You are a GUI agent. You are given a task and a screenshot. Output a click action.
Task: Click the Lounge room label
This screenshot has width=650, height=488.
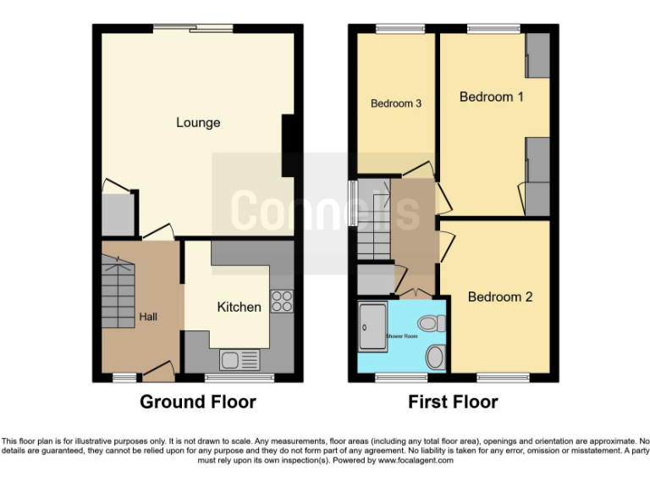click(198, 123)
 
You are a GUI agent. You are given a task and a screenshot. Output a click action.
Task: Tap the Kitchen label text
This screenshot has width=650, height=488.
click(239, 307)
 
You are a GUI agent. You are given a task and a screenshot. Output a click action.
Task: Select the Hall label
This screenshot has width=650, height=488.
click(148, 317)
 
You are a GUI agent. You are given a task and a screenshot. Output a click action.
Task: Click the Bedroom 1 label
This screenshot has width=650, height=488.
click(491, 97)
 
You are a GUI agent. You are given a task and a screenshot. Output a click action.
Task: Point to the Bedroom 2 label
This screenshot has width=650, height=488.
click(499, 297)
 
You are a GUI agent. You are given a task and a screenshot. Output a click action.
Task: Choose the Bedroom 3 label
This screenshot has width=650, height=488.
click(396, 104)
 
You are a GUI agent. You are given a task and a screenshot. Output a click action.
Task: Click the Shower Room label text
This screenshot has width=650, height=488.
click(401, 336)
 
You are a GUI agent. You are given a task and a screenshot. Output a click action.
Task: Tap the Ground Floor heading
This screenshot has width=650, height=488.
click(197, 402)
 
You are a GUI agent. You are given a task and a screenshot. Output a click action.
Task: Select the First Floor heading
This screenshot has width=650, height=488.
click(453, 402)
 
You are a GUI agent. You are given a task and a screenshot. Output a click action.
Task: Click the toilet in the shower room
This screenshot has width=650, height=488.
click(434, 323)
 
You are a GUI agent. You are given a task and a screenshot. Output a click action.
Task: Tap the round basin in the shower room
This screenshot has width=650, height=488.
click(435, 357)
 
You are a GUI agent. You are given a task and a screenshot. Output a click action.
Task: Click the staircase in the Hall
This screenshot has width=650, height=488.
click(118, 292)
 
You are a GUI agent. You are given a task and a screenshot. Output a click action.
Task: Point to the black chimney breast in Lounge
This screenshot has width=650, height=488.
click(289, 145)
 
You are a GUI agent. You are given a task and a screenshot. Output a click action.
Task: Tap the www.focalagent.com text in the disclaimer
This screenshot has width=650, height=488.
click(416, 461)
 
